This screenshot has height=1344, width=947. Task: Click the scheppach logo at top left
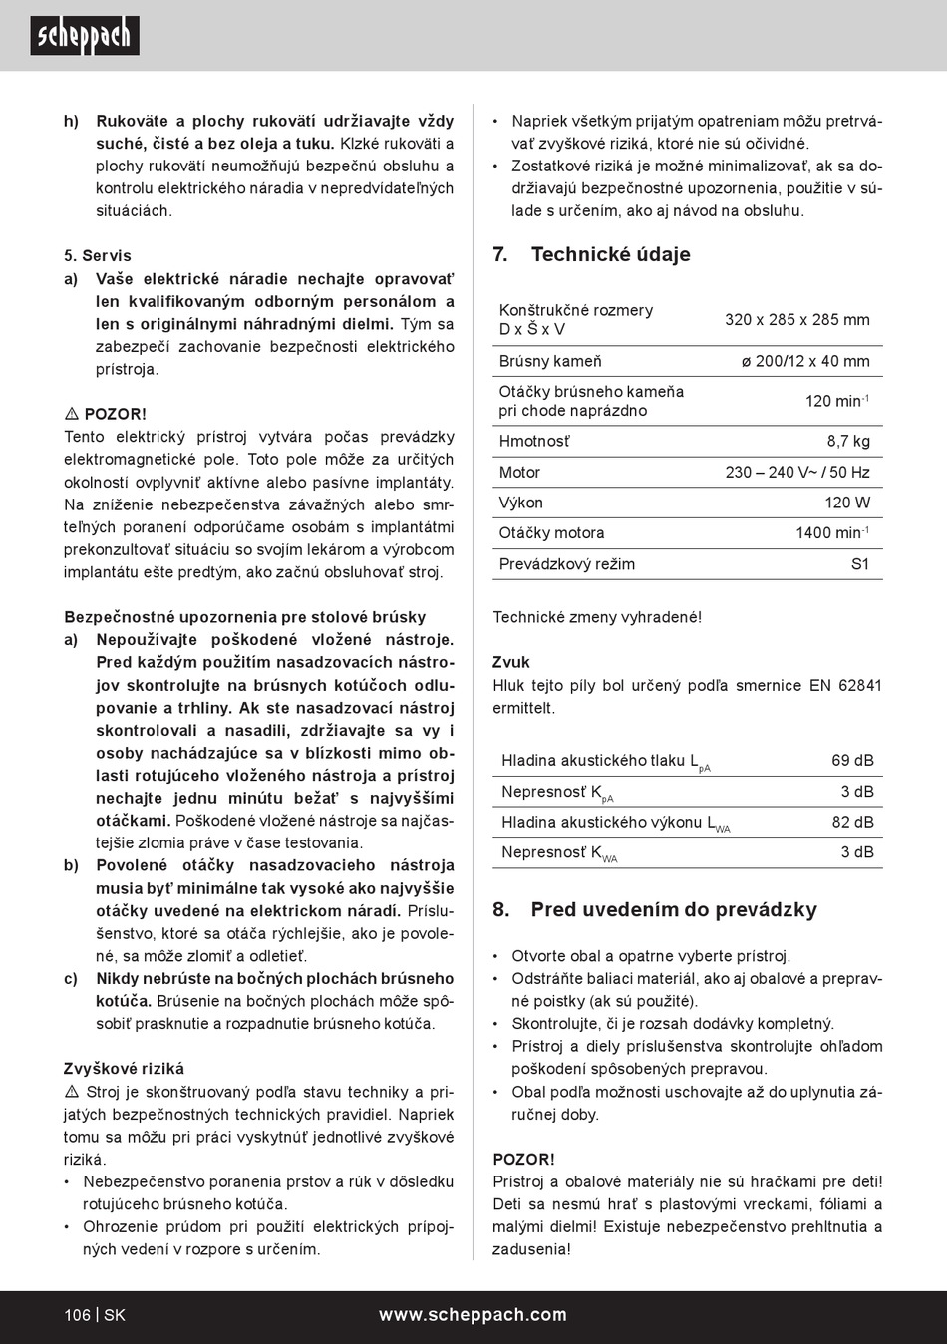pos(84,36)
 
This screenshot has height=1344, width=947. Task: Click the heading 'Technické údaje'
pos(610,255)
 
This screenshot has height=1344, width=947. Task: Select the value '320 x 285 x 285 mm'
pos(796,320)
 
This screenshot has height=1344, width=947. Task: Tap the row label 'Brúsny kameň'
pos(550,361)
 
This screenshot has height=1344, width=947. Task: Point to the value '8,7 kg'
pos(847,441)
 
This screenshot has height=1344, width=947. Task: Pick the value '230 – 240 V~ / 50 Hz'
pos(796,472)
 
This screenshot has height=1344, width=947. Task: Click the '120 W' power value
pos(846,503)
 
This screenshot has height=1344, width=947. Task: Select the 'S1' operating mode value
pos(859,564)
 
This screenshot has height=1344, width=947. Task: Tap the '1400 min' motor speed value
pos(830,533)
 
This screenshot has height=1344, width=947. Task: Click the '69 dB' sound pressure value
pos(852,761)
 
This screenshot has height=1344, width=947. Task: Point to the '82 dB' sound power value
pos(852,823)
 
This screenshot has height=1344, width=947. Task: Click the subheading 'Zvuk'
pos(511,662)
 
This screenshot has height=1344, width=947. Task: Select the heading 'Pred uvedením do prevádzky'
pos(673,910)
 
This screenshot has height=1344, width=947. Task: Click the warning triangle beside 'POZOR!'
pos(72,414)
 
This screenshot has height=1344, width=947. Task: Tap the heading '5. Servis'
pos(98,256)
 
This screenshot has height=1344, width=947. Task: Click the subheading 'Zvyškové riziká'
pos(124,1069)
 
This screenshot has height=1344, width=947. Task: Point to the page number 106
pos(77,1315)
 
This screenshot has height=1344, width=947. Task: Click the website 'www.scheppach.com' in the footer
pos(473,1315)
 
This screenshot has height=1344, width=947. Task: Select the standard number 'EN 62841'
pos(845,686)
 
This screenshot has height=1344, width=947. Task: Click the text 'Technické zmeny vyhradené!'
pos(597,617)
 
